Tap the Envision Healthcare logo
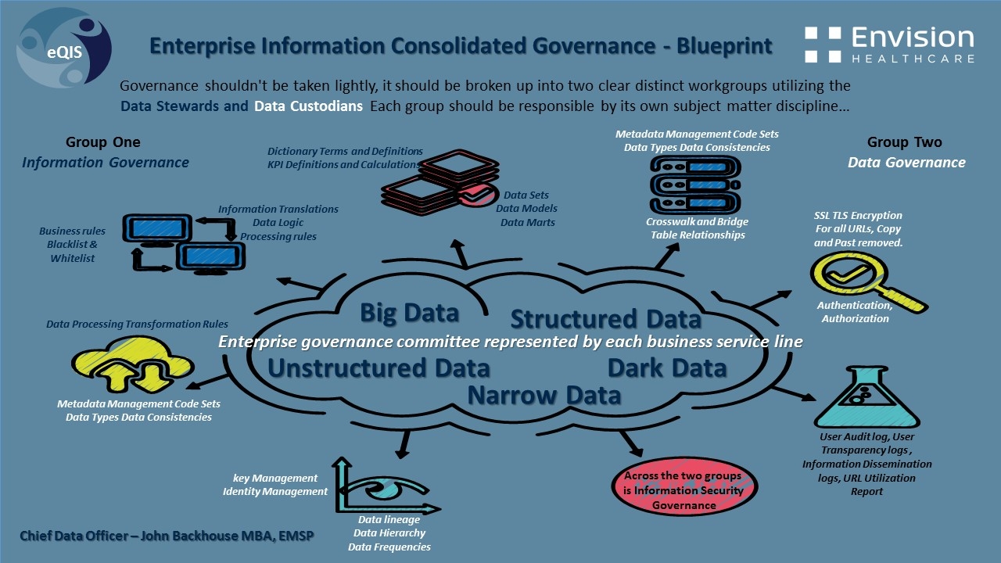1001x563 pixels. (889, 45)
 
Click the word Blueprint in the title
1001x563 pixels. (725, 45)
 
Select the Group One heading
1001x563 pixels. (103, 142)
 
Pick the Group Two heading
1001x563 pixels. (904, 142)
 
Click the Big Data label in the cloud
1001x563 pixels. (409, 313)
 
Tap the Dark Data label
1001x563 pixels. (667, 368)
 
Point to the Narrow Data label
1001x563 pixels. (544, 395)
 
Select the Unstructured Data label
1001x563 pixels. (379, 368)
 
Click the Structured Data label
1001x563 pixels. (606, 319)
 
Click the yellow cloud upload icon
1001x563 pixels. (133, 364)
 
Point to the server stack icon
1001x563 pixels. (695, 185)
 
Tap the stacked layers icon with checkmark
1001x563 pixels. (442, 184)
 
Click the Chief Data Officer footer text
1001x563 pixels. (156, 536)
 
